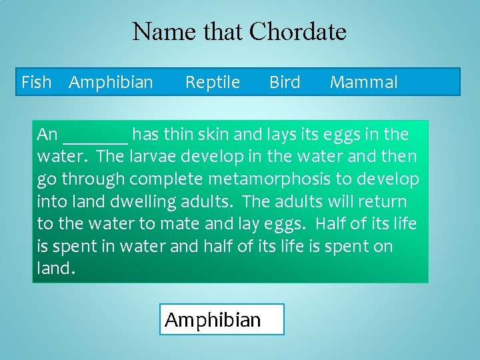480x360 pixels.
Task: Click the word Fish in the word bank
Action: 36,83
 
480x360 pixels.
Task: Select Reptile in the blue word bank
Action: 212,83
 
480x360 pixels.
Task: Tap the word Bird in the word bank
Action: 285,83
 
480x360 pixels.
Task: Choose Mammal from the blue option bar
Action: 364,83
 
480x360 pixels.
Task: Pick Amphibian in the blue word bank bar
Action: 111,83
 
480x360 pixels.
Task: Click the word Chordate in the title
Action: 297,31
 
